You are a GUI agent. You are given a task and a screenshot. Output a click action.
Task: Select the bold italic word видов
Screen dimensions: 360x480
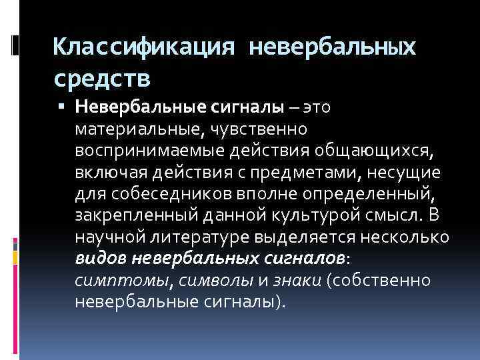tap(101, 259)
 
